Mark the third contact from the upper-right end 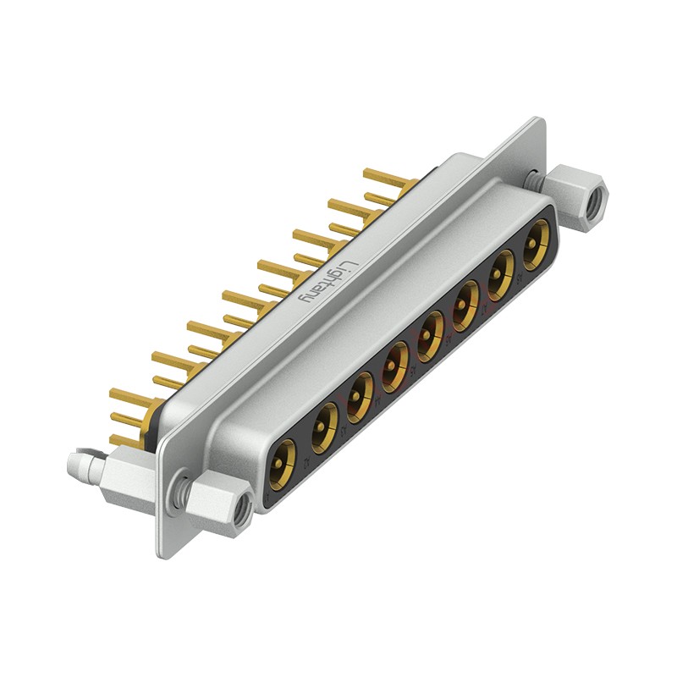point(465,305)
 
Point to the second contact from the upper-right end point(500,277)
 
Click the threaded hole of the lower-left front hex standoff point(242,509)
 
